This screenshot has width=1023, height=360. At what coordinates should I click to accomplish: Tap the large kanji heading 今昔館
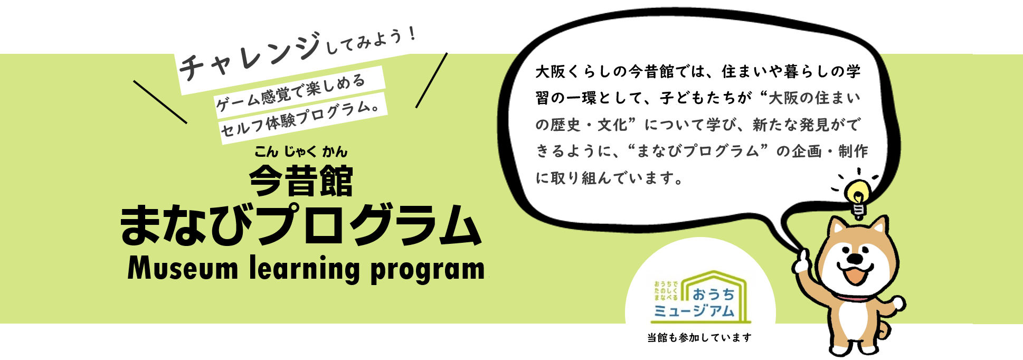pyautogui.click(x=301, y=181)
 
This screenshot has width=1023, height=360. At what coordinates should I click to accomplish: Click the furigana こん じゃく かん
pyautogui.click(x=301, y=152)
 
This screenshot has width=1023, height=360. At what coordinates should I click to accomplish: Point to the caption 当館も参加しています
pyautogui.click(x=699, y=337)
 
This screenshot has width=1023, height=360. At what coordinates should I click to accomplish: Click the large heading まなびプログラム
pyautogui.click(x=301, y=224)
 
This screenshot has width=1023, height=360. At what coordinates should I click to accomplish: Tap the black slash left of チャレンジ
pyautogui.click(x=160, y=102)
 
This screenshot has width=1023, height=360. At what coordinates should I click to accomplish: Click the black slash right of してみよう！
pyautogui.click(x=431, y=80)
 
